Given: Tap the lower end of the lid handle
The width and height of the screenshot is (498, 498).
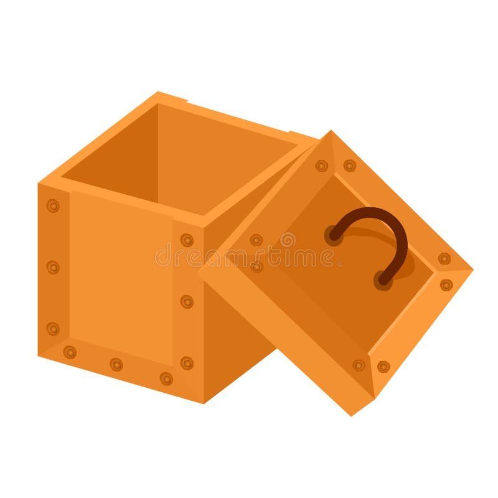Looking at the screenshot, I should click(383, 280).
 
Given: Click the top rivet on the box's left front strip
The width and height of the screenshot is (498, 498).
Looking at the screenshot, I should click(53, 205).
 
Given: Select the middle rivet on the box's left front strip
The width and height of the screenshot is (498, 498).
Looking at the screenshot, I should click(53, 267).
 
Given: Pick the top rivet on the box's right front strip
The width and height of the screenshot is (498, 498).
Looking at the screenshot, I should click(187, 240).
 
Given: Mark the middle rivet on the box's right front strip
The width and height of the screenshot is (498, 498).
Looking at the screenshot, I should click(187, 301).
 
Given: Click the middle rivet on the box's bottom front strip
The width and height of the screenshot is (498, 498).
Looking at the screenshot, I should click(116, 364).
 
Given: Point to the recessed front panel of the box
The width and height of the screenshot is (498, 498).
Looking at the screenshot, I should click(121, 274).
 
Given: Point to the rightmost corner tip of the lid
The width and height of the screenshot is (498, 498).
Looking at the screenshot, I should click(472, 270).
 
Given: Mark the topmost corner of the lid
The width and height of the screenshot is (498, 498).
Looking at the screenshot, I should click(331, 131).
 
